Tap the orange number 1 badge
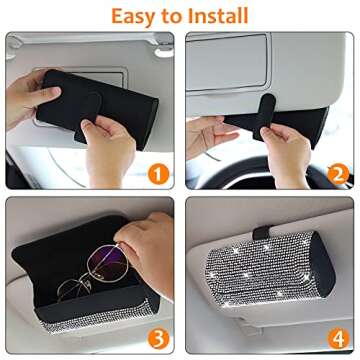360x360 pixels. pyautogui.click(x=154, y=173)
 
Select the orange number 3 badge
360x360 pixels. pyautogui.click(x=154, y=336)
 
